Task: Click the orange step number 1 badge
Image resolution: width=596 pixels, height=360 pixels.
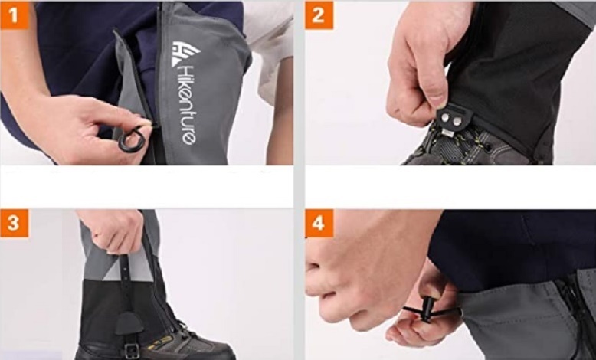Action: (x=15, y=15)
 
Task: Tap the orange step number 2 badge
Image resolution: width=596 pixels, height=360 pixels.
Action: (x=319, y=15)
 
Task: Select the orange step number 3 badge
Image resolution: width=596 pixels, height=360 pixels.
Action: (x=15, y=223)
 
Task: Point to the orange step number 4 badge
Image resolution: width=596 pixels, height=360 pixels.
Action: (x=319, y=223)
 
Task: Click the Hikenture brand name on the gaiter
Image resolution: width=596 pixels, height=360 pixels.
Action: (x=188, y=104)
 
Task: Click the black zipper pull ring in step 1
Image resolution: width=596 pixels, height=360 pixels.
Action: (x=132, y=139)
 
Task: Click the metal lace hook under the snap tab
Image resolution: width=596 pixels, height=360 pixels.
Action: (x=448, y=133)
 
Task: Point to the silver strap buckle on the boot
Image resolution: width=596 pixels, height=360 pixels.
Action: (x=132, y=351)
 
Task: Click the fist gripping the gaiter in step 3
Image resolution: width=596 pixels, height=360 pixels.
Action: (x=114, y=231)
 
